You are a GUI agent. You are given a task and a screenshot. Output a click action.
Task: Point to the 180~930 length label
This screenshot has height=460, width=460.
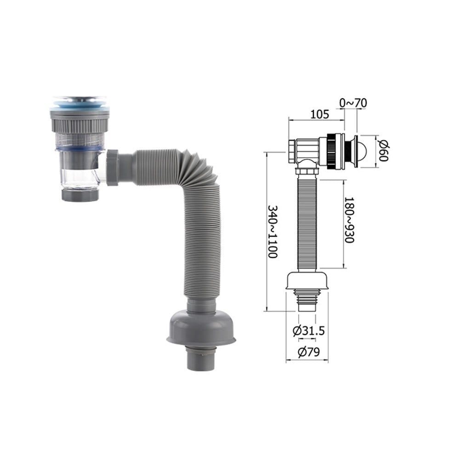(x=349, y=220)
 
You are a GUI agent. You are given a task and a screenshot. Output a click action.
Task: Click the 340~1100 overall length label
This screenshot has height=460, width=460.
(x=273, y=232)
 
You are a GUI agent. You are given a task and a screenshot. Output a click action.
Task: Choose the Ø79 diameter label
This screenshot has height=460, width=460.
(x=307, y=353)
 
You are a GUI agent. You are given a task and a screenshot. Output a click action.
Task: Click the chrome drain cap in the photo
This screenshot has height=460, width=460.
(x=80, y=99)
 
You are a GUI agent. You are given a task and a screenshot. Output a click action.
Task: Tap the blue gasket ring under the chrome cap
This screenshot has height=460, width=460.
(x=80, y=107)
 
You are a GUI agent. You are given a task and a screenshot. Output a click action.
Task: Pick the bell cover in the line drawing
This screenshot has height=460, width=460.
(x=307, y=280)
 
